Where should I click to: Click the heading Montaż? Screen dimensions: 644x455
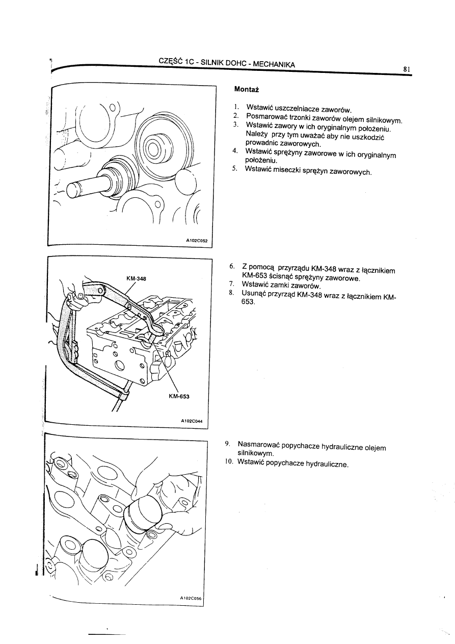[x=247, y=89]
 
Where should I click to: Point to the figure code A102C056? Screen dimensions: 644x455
[x=191, y=599]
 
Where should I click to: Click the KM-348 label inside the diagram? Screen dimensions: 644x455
[x=136, y=278]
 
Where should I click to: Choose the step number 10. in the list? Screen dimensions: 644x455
[x=228, y=463]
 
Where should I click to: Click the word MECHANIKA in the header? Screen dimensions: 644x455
[x=274, y=65]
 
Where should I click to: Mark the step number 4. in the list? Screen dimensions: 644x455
[x=235, y=151]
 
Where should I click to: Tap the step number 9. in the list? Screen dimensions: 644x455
[x=229, y=444]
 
